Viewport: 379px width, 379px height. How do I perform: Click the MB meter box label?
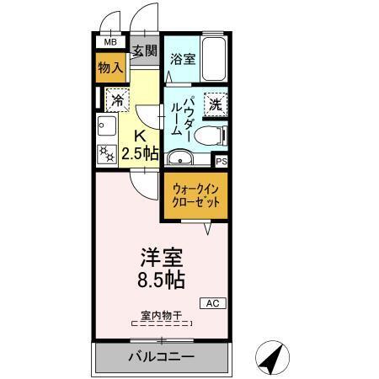(x=110, y=40)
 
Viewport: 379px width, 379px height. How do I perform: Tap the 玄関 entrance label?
(x=145, y=51)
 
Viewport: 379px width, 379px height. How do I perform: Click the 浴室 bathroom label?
(x=183, y=58)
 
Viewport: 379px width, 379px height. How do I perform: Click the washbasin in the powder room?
(x=179, y=157)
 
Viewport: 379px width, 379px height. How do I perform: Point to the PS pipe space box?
(x=222, y=161)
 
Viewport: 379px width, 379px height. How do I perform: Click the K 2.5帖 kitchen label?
(x=140, y=146)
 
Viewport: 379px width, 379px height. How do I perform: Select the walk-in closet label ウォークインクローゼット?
(x=196, y=197)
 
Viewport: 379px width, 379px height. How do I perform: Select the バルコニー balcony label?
(x=160, y=357)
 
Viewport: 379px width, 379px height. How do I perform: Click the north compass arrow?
(x=271, y=358)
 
